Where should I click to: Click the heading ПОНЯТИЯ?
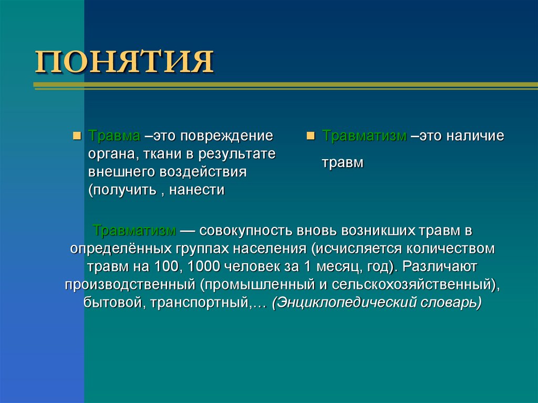(125, 61)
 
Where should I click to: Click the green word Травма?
(114, 136)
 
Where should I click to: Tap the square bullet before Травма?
(77, 136)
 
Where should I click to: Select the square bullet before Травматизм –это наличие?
(311, 136)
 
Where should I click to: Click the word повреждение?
(227, 136)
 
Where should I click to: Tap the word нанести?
(197, 190)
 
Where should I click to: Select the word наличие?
(475, 136)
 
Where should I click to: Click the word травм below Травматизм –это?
(343, 163)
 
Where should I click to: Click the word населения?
(270, 249)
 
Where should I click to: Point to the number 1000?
(203, 266)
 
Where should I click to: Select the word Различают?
(440, 267)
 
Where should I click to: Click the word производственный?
(130, 285)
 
